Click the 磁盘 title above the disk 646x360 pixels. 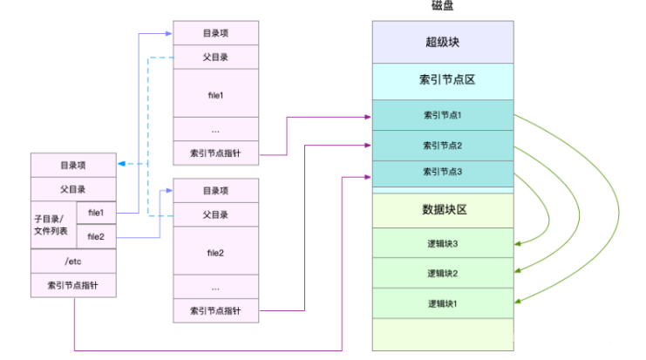442,6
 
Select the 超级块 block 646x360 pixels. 442,42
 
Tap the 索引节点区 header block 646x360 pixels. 442,81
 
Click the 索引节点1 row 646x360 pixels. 442,115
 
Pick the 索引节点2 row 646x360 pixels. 442,145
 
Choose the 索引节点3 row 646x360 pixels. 442,172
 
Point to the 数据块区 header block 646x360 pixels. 442,210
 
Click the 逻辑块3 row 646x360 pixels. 442,244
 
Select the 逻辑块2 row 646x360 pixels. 442,273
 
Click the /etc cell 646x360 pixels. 73,261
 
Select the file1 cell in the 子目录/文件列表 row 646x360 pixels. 96,213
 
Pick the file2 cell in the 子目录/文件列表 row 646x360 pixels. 96,236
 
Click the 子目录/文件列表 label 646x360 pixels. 53,224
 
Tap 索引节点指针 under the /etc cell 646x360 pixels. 73,285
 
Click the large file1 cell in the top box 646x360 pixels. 215,92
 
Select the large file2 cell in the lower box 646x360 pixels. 215,253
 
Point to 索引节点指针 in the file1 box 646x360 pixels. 215,153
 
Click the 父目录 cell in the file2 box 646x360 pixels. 215,214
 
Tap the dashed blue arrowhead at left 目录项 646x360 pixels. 121,164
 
